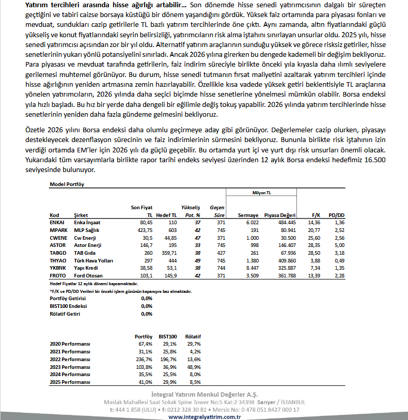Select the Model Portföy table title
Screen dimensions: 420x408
coord(67,184)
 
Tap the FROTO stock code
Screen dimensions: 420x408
coord(57,276)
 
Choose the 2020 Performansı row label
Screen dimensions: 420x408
coord(70,344)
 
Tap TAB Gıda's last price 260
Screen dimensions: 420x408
coord(148,253)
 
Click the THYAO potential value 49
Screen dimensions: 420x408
coord(197,261)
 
